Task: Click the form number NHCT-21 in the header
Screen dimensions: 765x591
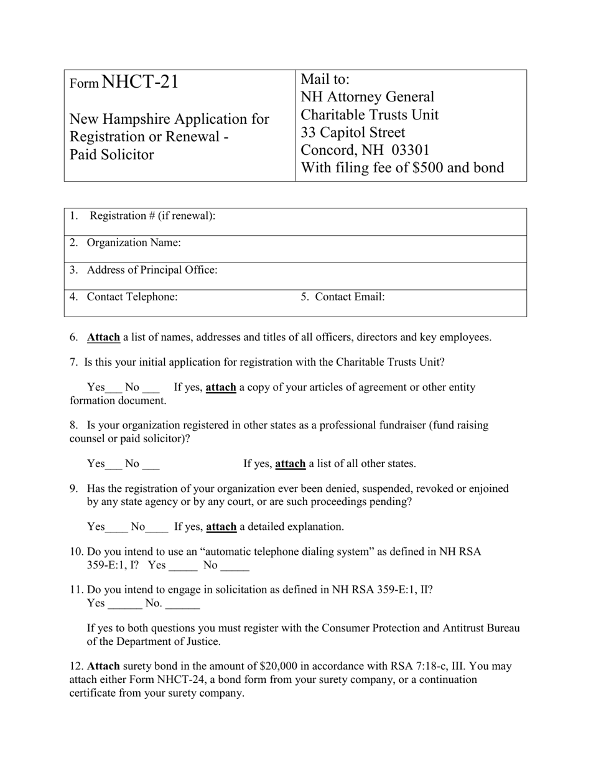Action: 139,82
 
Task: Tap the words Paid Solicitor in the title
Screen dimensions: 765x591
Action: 111,155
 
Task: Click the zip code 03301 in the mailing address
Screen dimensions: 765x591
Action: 408,151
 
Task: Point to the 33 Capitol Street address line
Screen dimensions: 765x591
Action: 353,132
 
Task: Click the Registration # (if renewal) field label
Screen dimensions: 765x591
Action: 152,216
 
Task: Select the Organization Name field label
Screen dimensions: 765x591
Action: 134,243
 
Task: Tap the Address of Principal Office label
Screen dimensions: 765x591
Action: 152,270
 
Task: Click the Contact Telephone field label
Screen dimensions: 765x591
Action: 132,297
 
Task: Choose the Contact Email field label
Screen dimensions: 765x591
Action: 350,297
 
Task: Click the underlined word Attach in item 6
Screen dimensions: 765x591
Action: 103,337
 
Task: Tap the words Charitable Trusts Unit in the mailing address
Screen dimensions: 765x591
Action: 370,115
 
